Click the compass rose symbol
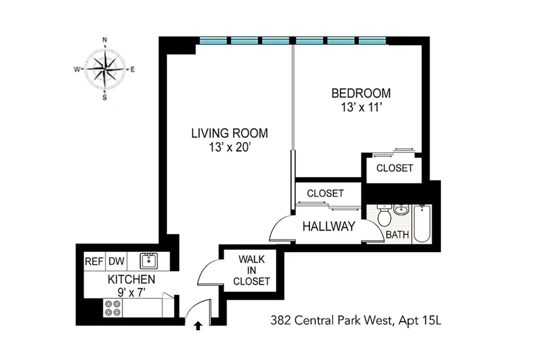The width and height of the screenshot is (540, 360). click(x=105, y=69)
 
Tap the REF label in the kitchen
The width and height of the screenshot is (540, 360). click(x=94, y=262)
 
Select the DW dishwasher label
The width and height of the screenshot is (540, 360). click(x=116, y=262)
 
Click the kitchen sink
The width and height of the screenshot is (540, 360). click(x=148, y=261)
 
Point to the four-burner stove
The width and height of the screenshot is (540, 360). click(x=113, y=308)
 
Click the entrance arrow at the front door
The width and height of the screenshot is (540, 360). click(x=198, y=325)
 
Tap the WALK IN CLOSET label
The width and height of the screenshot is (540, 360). click(x=251, y=270)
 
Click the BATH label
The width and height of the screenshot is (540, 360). click(x=398, y=235)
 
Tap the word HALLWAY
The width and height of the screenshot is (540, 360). click(x=329, y=226)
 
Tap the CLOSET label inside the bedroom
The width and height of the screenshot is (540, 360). click(x=395, y=168)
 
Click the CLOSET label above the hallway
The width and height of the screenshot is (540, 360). click(x=325, y=193)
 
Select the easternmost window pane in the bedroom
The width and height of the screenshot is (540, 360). click(x=372, y=41)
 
